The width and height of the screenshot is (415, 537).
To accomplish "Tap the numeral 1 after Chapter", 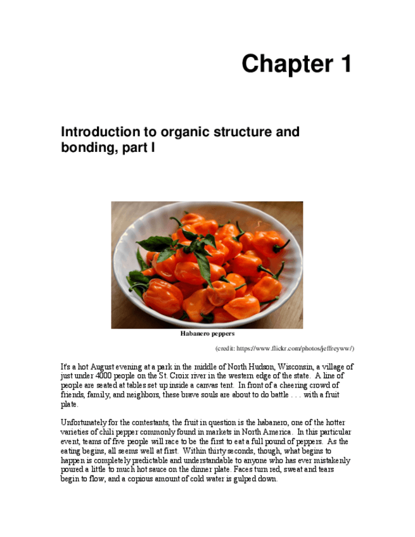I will click(344, 65).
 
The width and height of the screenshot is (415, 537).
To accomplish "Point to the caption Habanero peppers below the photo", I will click(207, 334).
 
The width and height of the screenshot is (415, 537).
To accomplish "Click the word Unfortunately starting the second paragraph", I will click(85, 423).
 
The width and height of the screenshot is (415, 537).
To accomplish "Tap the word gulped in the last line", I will click(239, 479).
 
